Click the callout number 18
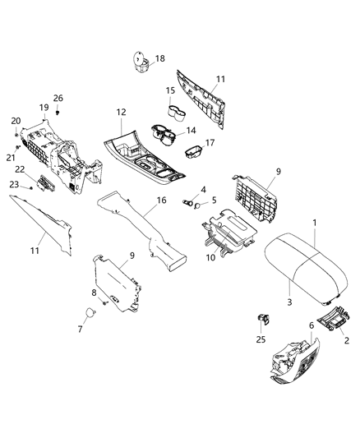coord(160,58)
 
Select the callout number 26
coord(58,99)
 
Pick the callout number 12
coord(121,111)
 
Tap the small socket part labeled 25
coord(264,317)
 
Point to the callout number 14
coord(192,130)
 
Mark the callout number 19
coord(44,108)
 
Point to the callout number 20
coord(16,121)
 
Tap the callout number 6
coord(312,325)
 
